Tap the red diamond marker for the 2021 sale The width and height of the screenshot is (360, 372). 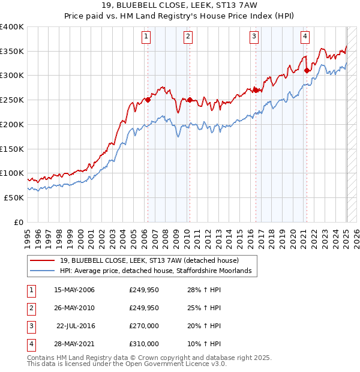[307, 70]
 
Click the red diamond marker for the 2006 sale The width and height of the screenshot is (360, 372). [148, 100]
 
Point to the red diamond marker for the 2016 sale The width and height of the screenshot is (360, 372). [256, 90]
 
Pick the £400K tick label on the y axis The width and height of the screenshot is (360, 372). [12, 27]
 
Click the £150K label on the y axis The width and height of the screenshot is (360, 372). [12, 149]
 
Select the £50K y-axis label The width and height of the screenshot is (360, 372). [14, 197]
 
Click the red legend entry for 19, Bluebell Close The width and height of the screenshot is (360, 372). [149, 260]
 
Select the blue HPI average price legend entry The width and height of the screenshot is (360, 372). [159, 271]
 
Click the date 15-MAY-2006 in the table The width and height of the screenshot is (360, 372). [74, 290]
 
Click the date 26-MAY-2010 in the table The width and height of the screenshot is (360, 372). [74, 308]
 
